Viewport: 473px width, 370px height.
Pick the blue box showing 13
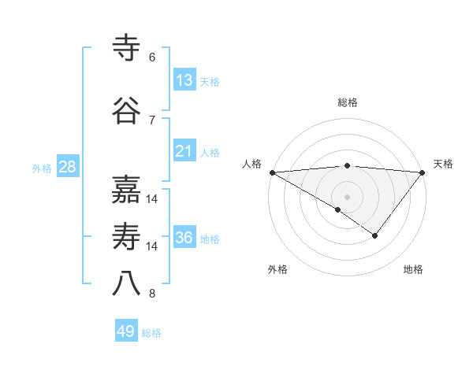[x=184, y=80]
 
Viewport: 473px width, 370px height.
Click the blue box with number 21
[x=184, y=151]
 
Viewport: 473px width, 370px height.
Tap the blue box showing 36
[x=184, y=238]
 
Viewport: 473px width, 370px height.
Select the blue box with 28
[x=67, y=167]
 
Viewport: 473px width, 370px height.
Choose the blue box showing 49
[x=126, y=331]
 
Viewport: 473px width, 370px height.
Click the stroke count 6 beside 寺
[x=152, y=57]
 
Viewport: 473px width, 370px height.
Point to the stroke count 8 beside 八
[x=152, y=294]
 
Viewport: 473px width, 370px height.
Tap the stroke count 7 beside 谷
[x=152, y=120]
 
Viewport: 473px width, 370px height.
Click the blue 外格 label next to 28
[x=42, y=168]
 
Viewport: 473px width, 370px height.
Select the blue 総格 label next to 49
[x=151, y=333]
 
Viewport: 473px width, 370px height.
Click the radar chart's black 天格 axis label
[x=444, y=164]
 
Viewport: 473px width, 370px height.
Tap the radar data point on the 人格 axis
[x=272, y=172]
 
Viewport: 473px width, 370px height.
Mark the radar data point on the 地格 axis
[x=375, y=235]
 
